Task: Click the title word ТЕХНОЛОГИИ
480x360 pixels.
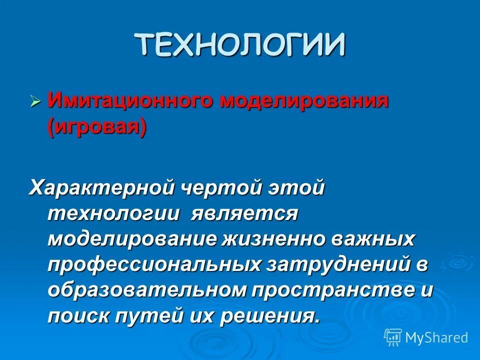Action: coord(240,44)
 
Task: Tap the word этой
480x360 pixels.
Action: coord(298,188)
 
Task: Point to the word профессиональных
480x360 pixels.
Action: coord(154,265)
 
